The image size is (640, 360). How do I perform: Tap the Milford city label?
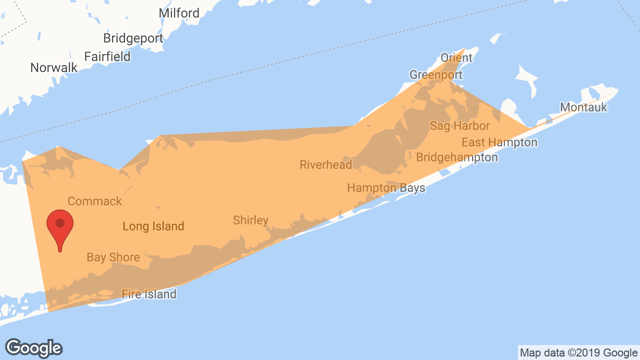tap(179, 13)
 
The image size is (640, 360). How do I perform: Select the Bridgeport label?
tap(133, 38)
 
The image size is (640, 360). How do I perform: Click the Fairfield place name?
tap(107, 56)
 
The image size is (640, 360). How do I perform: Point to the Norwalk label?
tap(54, 67)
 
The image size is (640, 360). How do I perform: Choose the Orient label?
tap(456, 57)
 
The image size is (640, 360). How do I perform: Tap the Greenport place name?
tap(436, 75)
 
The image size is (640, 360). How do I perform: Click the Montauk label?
tap(583, 107)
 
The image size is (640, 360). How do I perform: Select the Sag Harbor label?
tap(460, 125)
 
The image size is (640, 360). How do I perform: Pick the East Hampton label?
tap(499, 142)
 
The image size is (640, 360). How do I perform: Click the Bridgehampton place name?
tap(457, 157)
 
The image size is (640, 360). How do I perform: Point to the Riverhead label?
tap(326, 164)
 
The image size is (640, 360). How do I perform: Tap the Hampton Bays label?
tap(386, 188)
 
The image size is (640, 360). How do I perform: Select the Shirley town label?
tap(250, 220)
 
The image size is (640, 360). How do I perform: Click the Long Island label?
tap(153, 226)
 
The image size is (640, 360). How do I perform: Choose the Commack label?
tap(94, 201)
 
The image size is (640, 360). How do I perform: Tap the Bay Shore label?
tap(113, 257)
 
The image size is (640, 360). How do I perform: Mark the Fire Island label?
tap(149, 294)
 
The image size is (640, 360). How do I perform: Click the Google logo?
tap(33, 348)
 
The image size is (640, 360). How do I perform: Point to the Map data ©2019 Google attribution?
tap(578, 353)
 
